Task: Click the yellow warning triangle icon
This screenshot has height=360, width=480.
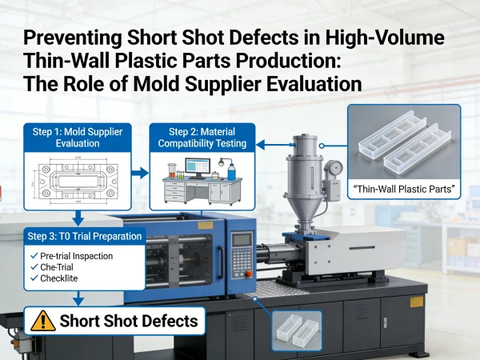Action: point(43,321)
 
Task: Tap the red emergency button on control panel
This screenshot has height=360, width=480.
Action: point(249,274)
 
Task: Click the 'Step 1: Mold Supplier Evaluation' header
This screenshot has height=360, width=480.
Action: point(78,138)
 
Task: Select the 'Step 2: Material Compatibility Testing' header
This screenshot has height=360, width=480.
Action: point(202,138)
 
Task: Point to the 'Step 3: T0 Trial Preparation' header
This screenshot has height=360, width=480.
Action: point(85,236)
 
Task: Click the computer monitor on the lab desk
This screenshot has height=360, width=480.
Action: point(198,168)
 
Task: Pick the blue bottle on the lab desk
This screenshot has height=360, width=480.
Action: point(232,171)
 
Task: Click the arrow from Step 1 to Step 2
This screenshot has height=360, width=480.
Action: point(140,173)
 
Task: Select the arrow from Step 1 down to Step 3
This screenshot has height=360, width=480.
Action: point(78,218)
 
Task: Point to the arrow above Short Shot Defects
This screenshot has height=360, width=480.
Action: point(78,298)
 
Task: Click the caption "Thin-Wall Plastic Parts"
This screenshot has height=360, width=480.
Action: point(403,189)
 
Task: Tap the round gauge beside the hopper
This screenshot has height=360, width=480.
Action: point(335,167)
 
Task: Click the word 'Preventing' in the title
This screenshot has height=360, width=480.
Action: point(72,38)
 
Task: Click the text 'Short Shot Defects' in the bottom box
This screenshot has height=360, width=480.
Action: point(129,321)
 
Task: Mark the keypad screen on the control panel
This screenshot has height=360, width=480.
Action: point(242,240)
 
